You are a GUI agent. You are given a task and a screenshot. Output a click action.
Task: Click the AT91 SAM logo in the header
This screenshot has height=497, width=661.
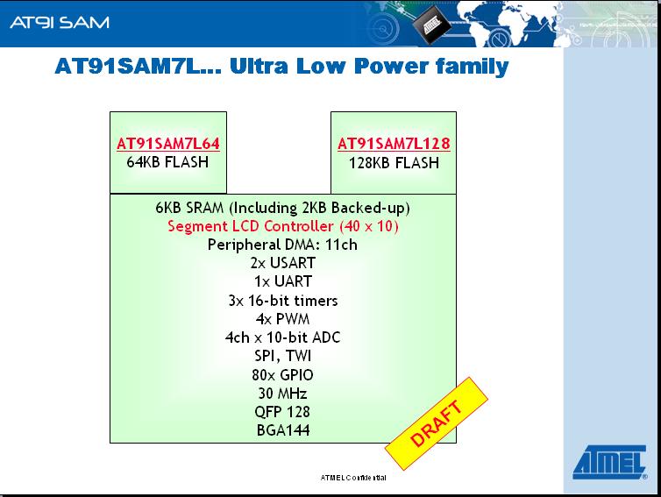[60, 22]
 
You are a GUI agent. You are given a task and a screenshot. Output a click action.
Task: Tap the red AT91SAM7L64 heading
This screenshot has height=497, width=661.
[168, 144]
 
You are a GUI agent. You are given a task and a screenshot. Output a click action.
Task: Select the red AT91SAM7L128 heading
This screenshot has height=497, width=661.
[394, 144]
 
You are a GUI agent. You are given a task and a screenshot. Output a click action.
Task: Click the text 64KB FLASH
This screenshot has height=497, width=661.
[167, 162]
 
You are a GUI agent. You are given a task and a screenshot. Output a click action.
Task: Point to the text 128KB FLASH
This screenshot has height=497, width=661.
[394, 163]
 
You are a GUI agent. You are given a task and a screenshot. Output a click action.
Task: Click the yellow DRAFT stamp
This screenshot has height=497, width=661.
[437, 423]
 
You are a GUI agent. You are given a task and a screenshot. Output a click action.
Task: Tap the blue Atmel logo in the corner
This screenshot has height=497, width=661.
[610, 462]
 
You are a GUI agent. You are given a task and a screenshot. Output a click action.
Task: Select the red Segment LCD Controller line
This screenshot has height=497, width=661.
[283, 226]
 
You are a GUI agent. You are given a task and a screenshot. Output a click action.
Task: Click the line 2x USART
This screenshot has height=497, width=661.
[283, 263]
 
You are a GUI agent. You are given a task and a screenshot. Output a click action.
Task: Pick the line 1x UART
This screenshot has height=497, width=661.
[283, 281]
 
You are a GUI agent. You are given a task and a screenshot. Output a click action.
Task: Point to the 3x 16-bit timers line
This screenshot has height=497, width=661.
[283, 301]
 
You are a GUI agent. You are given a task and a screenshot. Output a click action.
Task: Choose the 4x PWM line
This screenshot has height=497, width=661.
[283, 319]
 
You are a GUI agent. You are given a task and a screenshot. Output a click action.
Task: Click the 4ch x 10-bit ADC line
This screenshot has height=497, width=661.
[283, 337]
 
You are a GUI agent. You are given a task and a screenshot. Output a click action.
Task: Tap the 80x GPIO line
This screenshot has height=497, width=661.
[283, 375]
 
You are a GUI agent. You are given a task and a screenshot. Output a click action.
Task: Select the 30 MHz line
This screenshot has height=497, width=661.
[283, 394]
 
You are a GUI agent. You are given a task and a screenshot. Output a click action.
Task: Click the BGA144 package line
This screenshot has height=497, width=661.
[283, 430]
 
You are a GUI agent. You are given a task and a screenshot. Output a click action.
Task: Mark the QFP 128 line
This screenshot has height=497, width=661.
[283, 412]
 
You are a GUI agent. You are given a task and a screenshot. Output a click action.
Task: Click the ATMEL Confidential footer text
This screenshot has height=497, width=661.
[353, 478]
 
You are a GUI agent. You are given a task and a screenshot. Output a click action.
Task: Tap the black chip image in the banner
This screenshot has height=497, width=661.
[430, 25]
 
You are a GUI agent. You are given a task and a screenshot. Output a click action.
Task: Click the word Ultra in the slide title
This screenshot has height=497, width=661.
[259, 67]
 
